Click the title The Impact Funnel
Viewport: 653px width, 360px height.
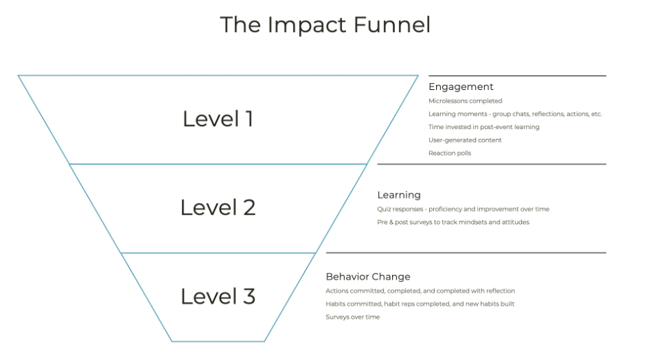click(325, 25)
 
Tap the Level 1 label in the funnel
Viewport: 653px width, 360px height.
click(218, 119)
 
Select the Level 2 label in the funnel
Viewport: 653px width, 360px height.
click(218, 207)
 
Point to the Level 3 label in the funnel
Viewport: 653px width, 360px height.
click(218, 297)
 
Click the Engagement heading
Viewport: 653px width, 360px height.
click(460, 87)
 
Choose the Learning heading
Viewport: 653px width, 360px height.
click(399, 195)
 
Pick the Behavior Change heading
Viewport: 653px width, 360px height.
click(368, 277)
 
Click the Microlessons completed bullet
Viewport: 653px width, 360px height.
click(465, 101)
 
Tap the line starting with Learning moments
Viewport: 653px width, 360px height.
click(515, 114)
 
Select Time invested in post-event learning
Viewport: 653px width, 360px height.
click(483, 127)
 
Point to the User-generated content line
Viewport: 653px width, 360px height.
click(465, 140)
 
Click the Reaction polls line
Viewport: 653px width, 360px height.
click(449, 153)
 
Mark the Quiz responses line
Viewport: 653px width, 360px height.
click(463, 209)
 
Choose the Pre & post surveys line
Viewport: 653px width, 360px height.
click(453, 222)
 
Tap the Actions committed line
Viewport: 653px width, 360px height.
click(420, 291)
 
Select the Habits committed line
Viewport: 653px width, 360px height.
click(420, 304)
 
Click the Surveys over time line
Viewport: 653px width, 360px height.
click(352, 317)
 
